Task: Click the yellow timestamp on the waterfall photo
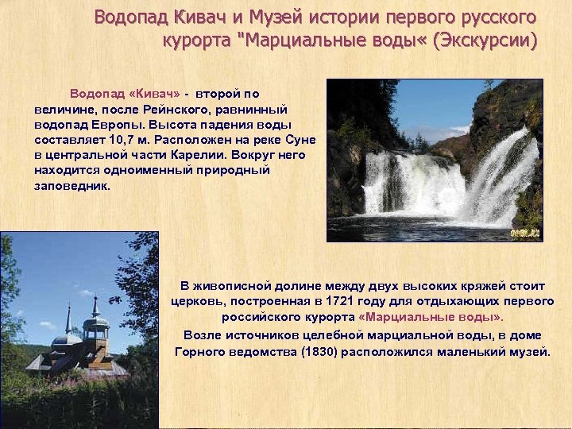coord(525,233)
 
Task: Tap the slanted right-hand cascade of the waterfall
coord(500,175)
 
